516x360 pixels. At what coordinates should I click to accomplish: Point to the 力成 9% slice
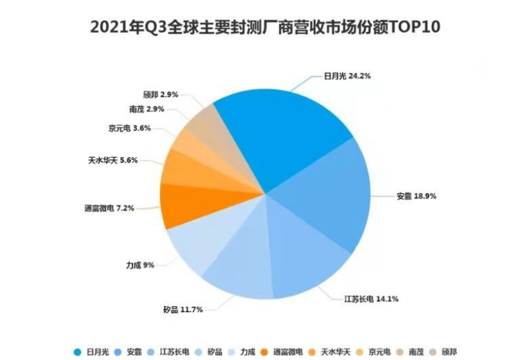pos(197,245)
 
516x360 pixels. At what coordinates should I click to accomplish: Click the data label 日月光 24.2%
pos(348,77)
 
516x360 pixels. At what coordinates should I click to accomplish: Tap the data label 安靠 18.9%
pos(416,196)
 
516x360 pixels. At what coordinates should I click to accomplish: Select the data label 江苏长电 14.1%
pos(372,299)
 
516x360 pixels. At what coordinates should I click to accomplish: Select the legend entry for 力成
pos(245,352)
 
